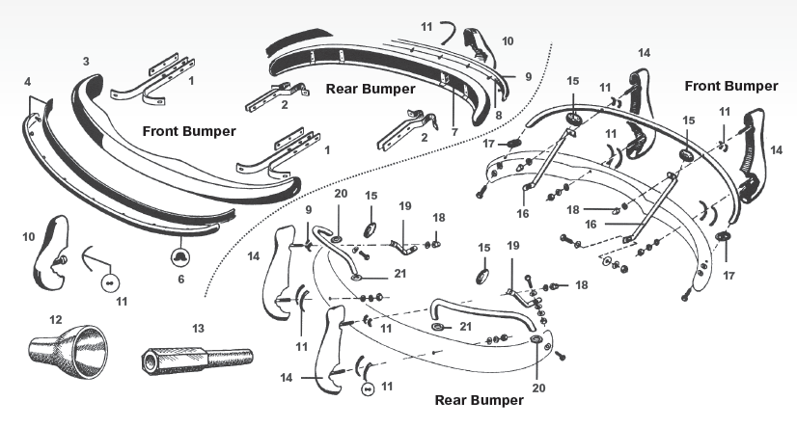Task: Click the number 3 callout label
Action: click(x=86, y=62)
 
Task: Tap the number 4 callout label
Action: click(x=26, y=81)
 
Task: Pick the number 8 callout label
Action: click(x=498, y=115)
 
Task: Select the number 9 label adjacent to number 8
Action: click(x=528, y=76)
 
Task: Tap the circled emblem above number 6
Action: click(x=179, y=255)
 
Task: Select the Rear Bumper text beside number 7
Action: click(x=370, y=89)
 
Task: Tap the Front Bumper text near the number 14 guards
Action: click(x=730, y=86)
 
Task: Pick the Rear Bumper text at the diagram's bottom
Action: click(x=479, y=399)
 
